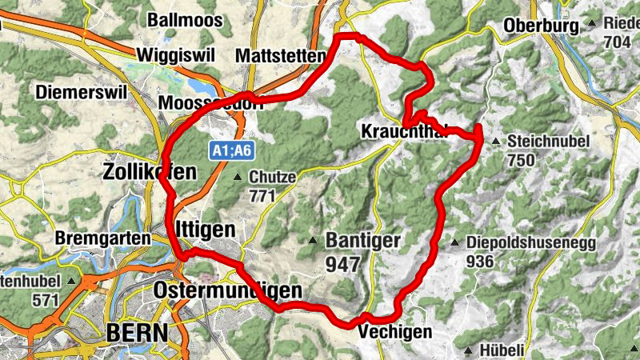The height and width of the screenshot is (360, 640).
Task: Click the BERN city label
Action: pos(137,332)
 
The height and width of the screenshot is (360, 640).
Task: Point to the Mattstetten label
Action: pos(282,56)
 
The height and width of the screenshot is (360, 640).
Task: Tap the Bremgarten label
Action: pos(103,238)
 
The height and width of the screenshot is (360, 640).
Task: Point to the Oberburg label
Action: pos(541,26)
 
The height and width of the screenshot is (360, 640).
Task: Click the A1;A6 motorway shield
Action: pos(232,150)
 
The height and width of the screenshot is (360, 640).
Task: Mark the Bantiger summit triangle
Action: pos(314,240)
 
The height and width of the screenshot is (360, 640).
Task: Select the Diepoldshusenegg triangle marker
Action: pos(454,242)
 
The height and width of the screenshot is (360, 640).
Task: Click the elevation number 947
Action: pos(344,263)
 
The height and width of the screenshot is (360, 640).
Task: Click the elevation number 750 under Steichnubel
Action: pos(521,160)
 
